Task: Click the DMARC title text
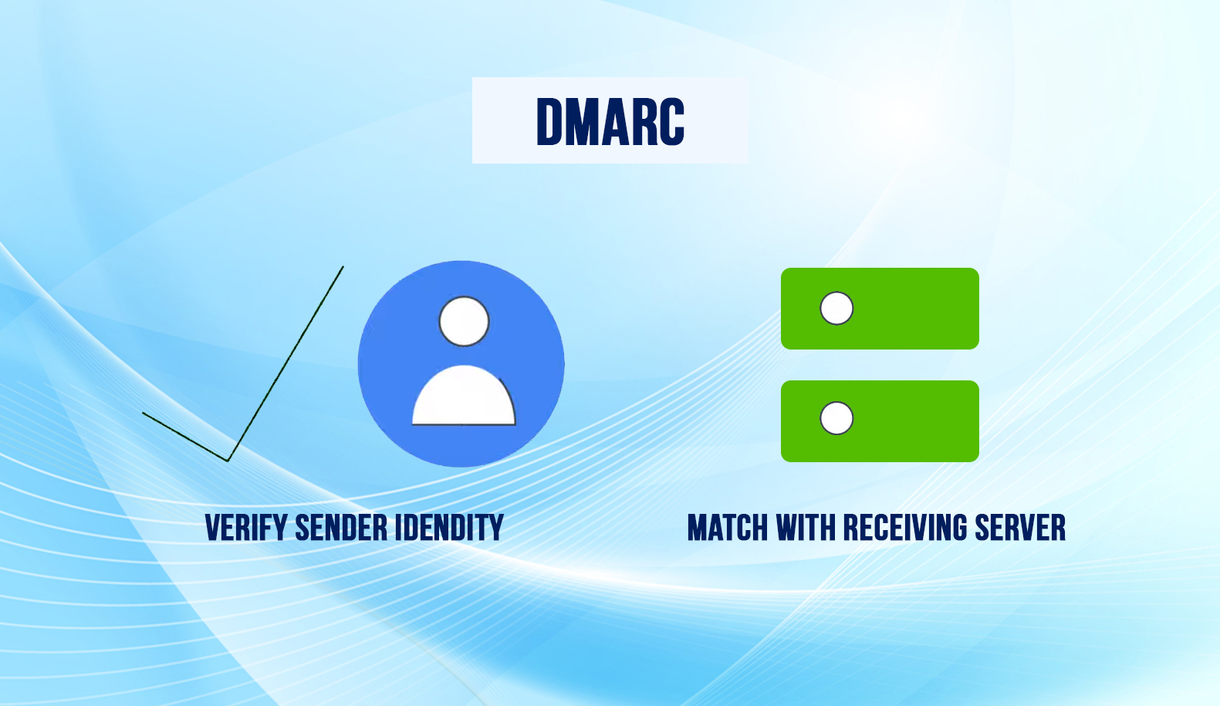(610, 122)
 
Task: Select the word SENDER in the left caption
(341, 529)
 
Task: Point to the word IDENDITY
(449, 529)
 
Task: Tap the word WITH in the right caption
(806, 529)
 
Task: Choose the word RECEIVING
(905, 529)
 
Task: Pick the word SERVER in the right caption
(1019, 529)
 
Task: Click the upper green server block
(911, 309)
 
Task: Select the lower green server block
(911, 421)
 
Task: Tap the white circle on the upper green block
(836, 309)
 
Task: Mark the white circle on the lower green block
(836, 418)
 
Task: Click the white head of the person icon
(464, 321)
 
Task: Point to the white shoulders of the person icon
(463, 397)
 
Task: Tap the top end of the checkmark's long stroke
(343, 268)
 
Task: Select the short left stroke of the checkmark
(185, 437)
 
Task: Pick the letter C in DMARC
(668, 122)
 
